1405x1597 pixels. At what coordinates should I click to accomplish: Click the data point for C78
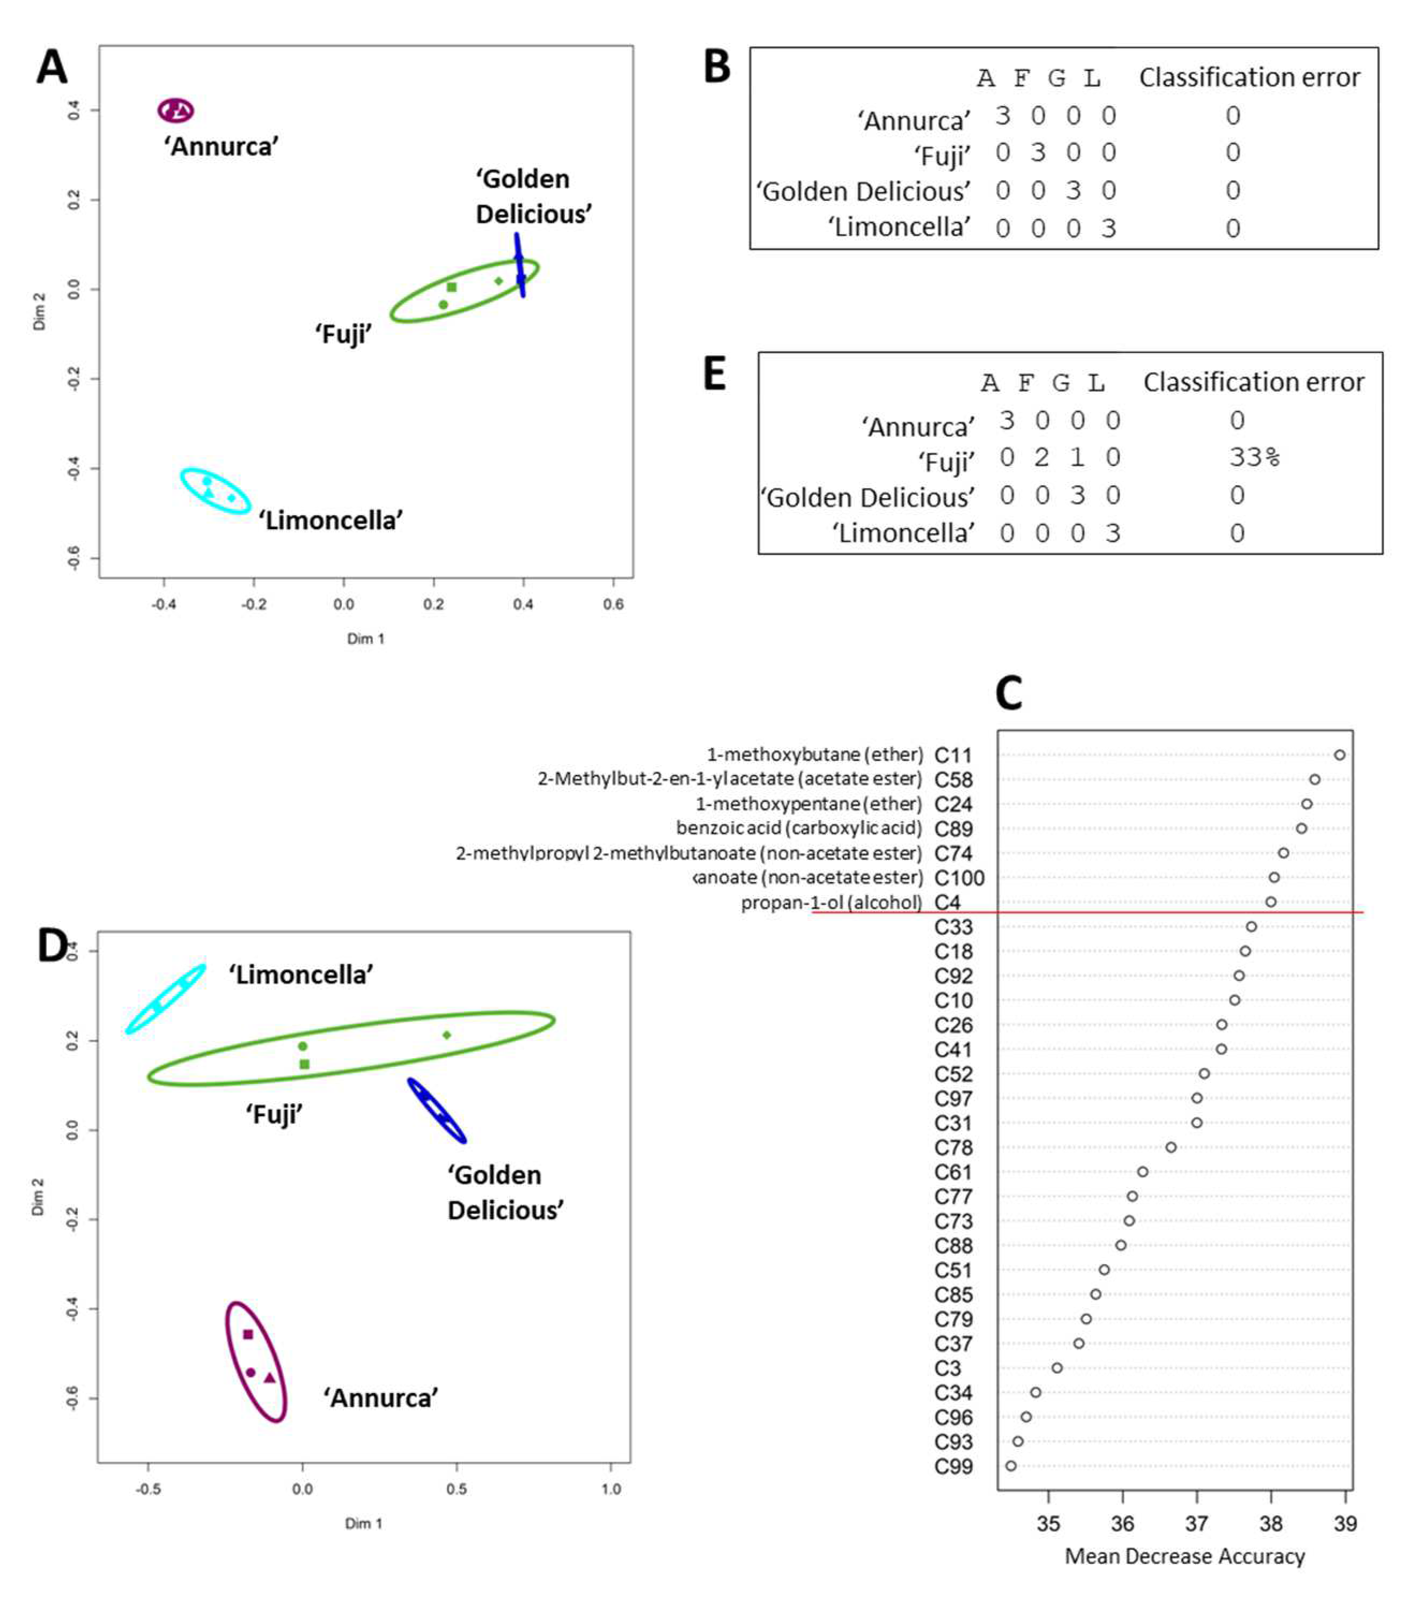pyautogui.click(x=1171, y=1147)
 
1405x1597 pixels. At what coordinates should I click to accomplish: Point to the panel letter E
pyautogui.click(x=715, y=373)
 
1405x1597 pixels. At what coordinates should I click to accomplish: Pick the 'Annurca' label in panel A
pyautogui.click(x=221, y=146)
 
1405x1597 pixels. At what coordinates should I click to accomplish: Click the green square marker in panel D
pyautogui.click(x=305, y=1064)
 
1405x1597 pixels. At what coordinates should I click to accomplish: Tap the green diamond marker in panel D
pyautogui.click(x=447, y=1035)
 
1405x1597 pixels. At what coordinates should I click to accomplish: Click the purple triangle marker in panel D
pyautogui.click(x=269, y=1378)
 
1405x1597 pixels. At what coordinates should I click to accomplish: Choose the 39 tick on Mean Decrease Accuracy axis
pyautogui.click(x=1345, y=1523)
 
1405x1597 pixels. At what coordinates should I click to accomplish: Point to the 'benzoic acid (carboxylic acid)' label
pyautogui.click(x=799, y=828)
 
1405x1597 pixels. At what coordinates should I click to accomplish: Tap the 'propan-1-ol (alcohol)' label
pyautogui.click(x=831, y=903)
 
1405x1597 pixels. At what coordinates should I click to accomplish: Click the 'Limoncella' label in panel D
pyautogui.click(x=300, y=975)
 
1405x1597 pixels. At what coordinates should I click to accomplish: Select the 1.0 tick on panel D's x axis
pyautogui.click(x=610, y=1489)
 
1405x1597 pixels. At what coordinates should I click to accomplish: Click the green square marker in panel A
pyautogui.click(x=451, y=287)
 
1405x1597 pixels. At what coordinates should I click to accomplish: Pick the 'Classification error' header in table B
pyautogui.click(x=1249, y=77)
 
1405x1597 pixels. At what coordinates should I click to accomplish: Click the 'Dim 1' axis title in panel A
pyautogui.click(x=365, y=639)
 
